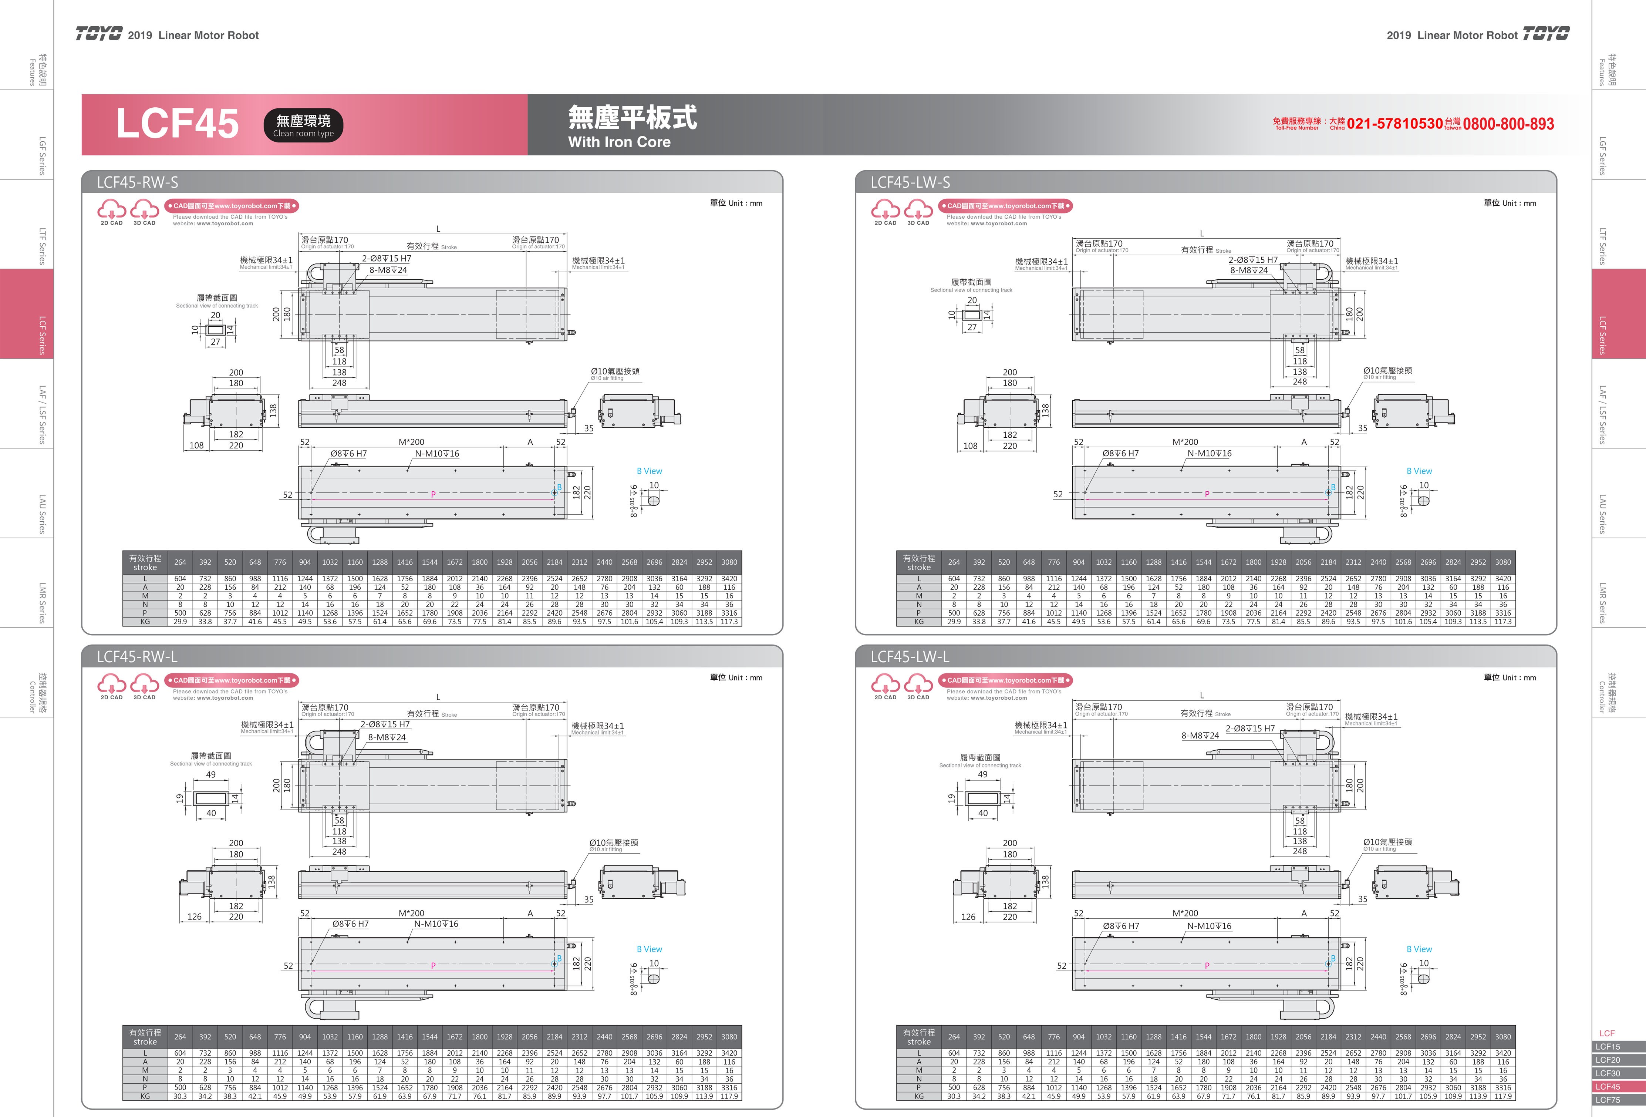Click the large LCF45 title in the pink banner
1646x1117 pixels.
coord(177,124)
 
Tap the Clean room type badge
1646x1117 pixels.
coord(303,125)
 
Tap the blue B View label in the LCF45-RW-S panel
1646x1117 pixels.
coord(649,471)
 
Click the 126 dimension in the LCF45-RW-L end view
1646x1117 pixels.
coord(194,916)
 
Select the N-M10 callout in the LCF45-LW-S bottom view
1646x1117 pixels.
coord(1209,453)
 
